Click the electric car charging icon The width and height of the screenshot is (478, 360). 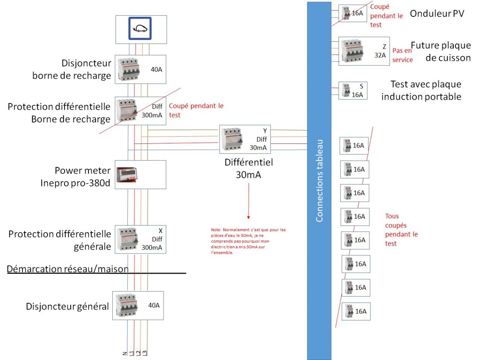pyautogui.click(x=140, y=28)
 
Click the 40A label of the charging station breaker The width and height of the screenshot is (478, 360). pyautogui.click(x=156, y=69)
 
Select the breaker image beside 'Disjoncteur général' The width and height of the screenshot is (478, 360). pyautogui.click(x=127, y=305)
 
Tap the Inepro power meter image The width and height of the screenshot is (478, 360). pyautogui.click(x=126, y=175)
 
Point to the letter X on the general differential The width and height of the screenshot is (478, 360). pyautogui.click(x=161, y=231)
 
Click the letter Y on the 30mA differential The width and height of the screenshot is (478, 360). pyautogui.click(x=265, y=131)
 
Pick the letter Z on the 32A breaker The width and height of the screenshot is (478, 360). pyautogui.click(x=384, y=47)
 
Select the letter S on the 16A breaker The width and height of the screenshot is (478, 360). pyautogui.click(x=361, y=86)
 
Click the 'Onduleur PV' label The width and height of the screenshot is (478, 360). pyautogui.click(x=437, y=14)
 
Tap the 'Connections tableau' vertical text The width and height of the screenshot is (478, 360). pyautogui.click(x=319, y=181)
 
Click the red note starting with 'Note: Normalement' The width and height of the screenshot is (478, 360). pyautogui.click(x=248, y=241)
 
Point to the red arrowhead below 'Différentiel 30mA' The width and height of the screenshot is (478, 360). pyautogui.click(x=248, y=217)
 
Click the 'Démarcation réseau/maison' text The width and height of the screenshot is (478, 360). pyautogui.click(x=68, y=269)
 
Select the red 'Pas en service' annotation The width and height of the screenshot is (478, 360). pyautogui.click(x=402, y=55)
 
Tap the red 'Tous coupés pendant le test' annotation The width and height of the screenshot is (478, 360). pyautogui.click(x=401, y=230)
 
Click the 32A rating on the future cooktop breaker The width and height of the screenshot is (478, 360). pyautogui.click(x=380, y=55)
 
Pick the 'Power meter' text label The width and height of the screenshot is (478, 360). pyautogui.click(x=83, y=171)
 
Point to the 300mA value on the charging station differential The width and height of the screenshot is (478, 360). pyautogui.click(x=152, y=115)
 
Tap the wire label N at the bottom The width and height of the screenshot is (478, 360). pyautogui.click(x=125, y=353)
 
